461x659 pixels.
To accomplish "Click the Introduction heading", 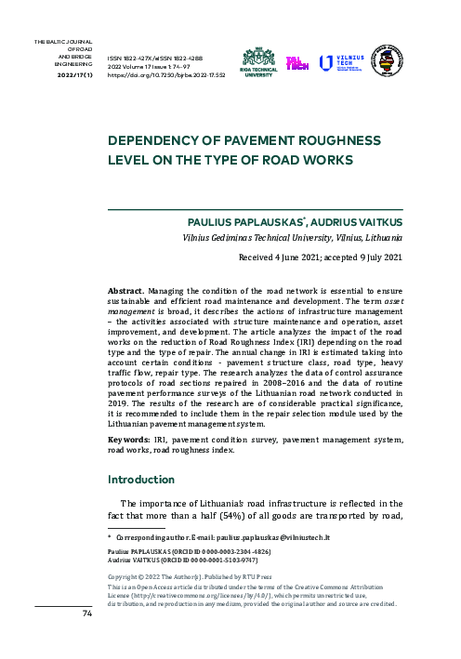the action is pos(148,481).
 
